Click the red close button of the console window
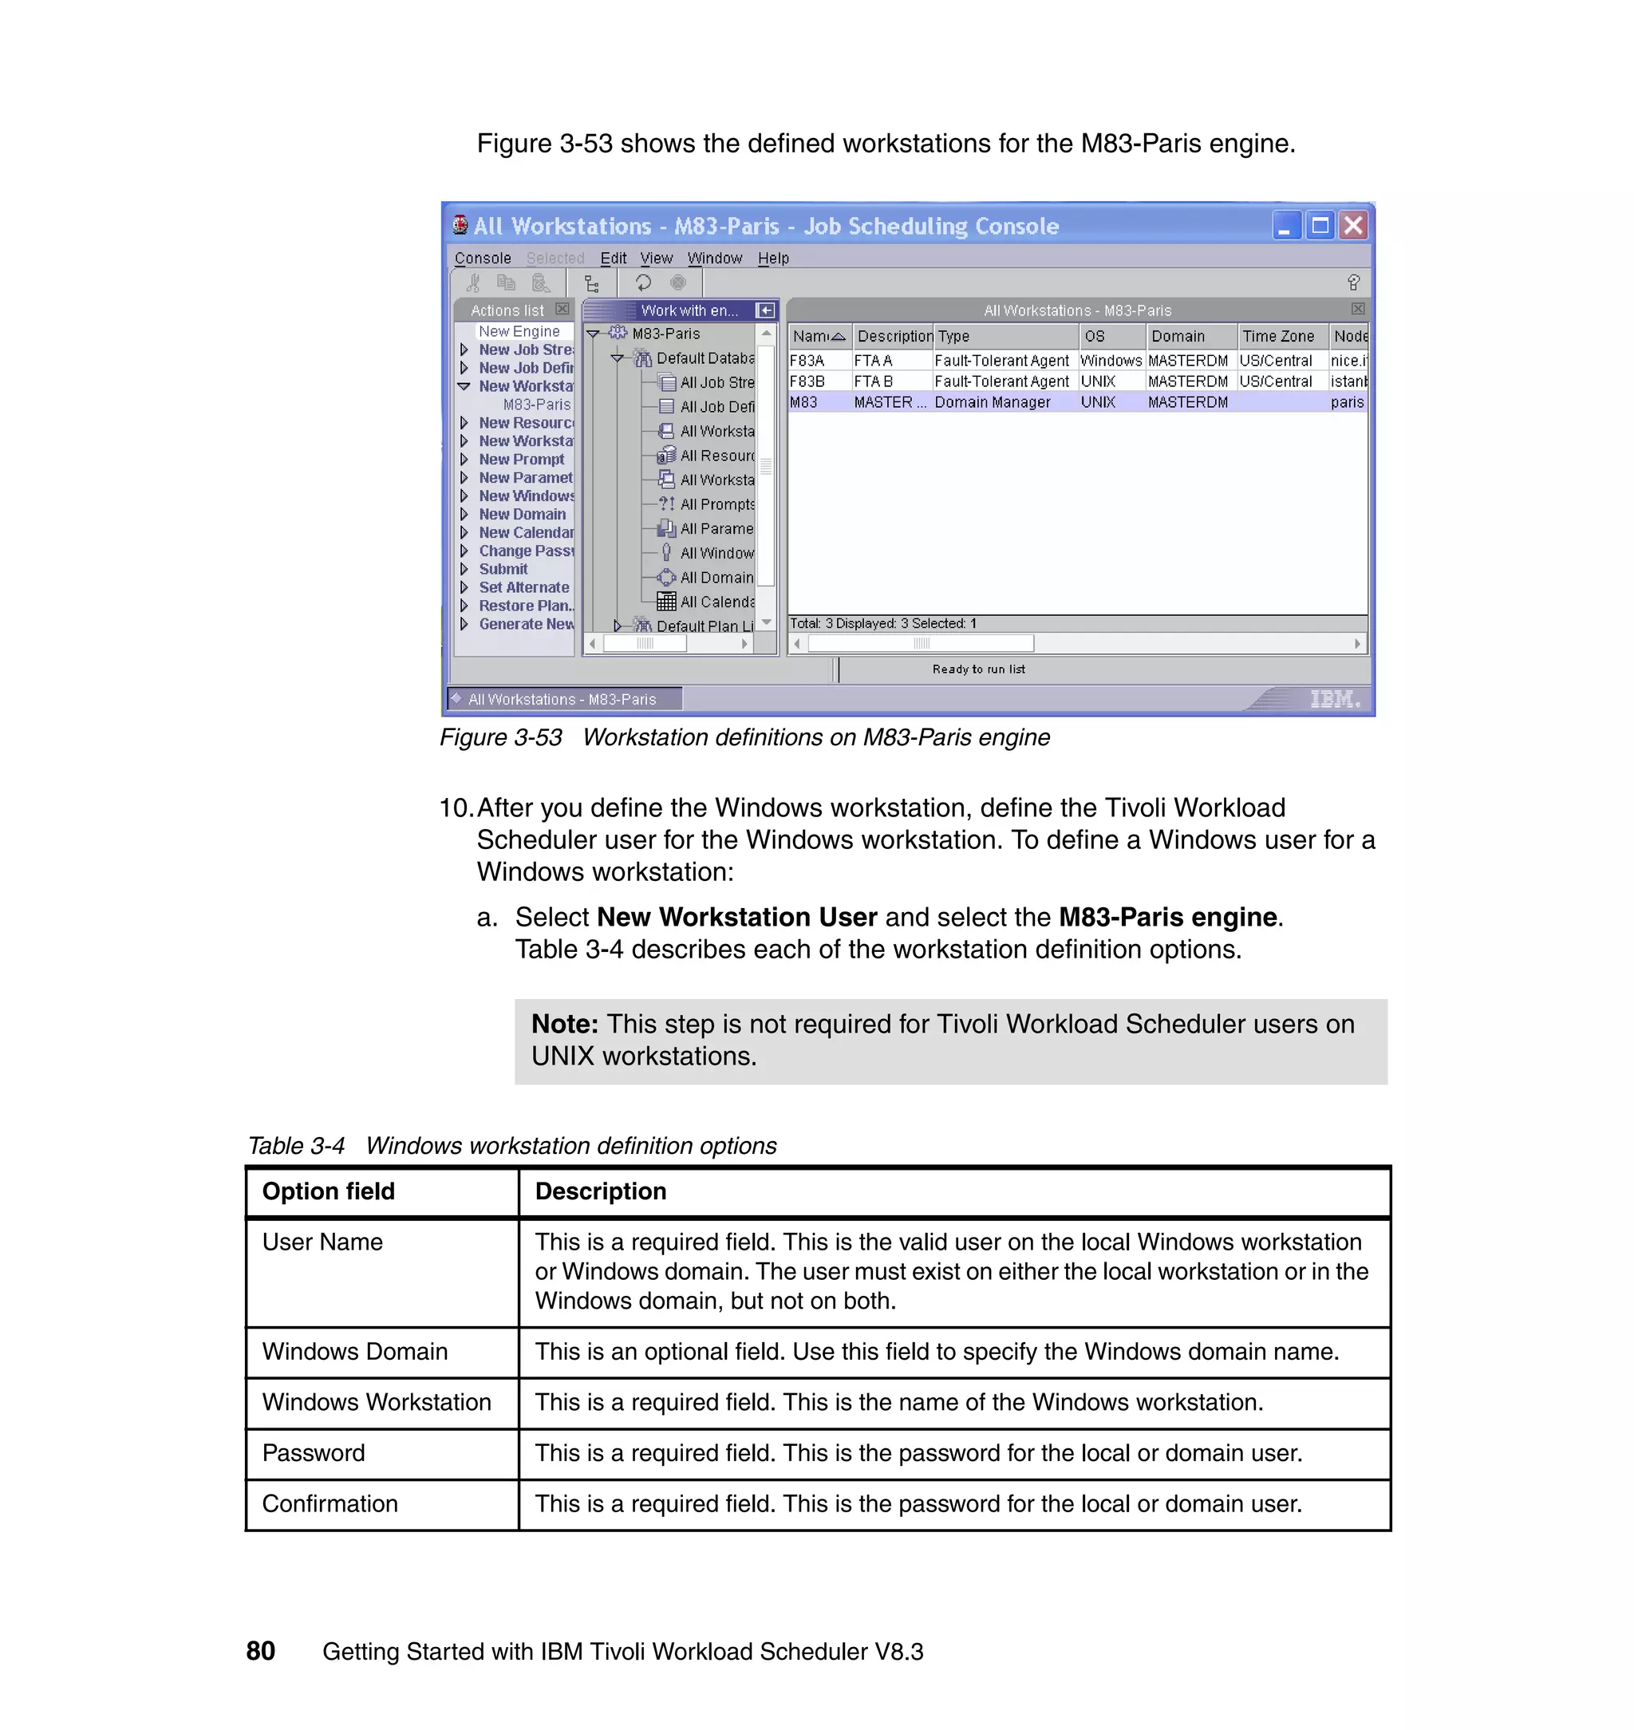pos(1352,226)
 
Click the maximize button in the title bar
pos(1320,226)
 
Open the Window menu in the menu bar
pos(714,258)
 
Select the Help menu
pos(772,258)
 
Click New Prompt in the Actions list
pos(521,459)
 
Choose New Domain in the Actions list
pos(522,514)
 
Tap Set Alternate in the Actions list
pos(523,587)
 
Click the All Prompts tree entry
pos(716,504)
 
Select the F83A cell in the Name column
pos(807,361)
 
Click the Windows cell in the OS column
pos(1110,361)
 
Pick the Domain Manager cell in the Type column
pos(992,402)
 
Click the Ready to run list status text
pos(978,669)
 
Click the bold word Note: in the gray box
pos(564,1024)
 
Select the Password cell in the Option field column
pos(314,1453)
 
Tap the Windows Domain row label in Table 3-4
pos(354,1351)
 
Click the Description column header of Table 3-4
pos(600,1191)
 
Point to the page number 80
pos(260,1651)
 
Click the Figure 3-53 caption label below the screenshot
pos(501,737)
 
